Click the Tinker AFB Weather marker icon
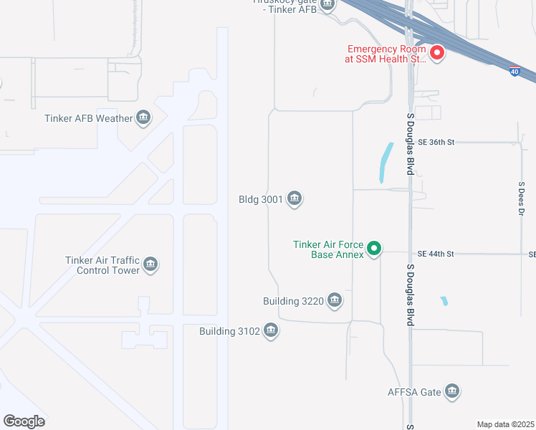[x=143, y=118]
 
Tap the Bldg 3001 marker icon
[x=294, y=199]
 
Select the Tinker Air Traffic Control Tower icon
[x=150, y=265]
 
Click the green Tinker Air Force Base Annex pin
[x=373, y=249]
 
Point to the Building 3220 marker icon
[x=334, y=300]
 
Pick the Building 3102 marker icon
[x=270, y=331]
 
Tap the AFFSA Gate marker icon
[x=451, y=391]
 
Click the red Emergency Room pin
[x=436, y=52]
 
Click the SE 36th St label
[x=436, y=143]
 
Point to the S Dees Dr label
[x=522, y=201]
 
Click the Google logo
[x=24, y=421]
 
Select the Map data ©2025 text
[x=504, y=424]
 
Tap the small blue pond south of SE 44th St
[x=444, y=301]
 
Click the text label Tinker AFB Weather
[x=88, y=118]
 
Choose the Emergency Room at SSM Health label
[x=387, y=54]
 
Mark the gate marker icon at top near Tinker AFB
[x=327, y=5]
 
